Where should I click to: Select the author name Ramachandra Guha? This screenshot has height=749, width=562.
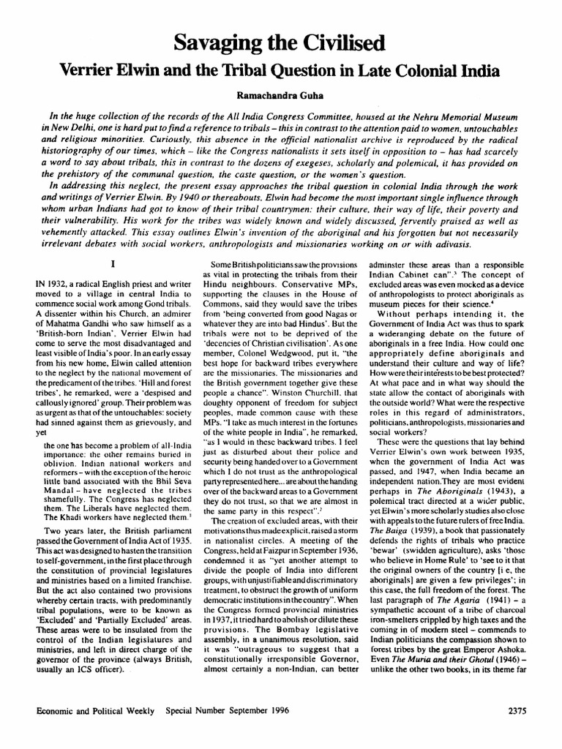click(281, 95)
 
